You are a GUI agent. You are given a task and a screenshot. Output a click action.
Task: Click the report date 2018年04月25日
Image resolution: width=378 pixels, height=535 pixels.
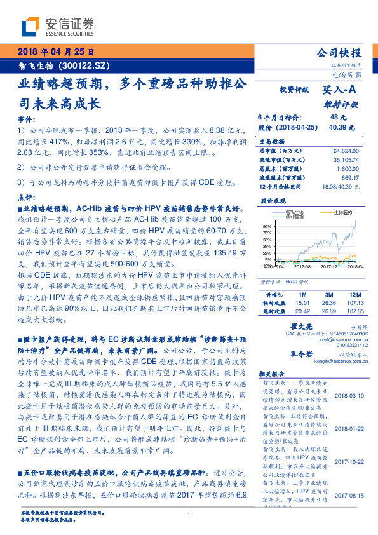pos(55,51)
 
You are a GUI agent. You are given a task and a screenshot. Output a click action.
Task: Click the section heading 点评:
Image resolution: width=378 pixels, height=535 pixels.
pos(25,198)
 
